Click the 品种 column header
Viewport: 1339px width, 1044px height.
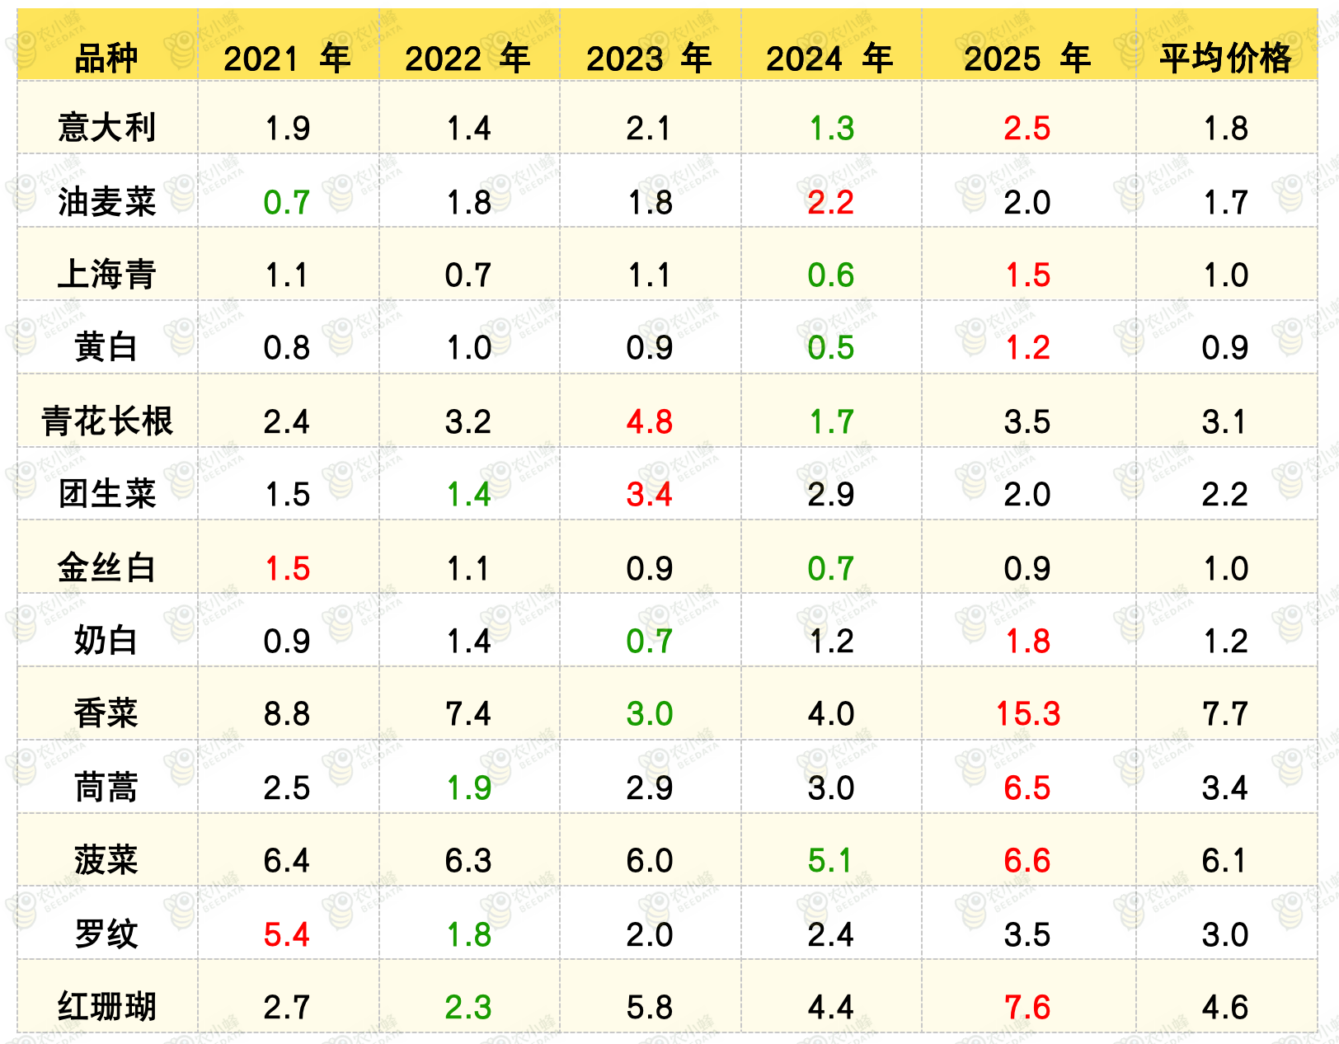pyautogui.click(x=106, y=59)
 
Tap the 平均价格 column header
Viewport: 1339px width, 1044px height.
pyautogui.click(x=1225, y=59)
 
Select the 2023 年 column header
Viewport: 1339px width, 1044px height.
pyautogui.click(x=649, y=59)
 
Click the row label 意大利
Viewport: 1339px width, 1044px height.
pyautogui.click(x=106, y=128)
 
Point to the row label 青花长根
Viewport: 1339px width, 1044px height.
pyautogui.click(x=106, y=421)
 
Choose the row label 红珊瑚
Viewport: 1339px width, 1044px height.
pyautogui.click(x=106, y=1007)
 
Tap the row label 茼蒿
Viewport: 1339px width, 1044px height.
pyautogui.click(x=106, y=787)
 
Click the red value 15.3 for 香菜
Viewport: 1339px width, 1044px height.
pyautogui.click(x=1028, y=713)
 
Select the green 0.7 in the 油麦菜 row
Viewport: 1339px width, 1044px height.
pyautogui.click(x=287, y=202)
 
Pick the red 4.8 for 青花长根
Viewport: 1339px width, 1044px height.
pyautogui.click(x=649, y=421)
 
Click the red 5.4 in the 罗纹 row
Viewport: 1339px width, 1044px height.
pyautogui.click(x=287, y=934)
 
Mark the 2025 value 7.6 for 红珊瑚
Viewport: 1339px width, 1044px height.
pyautogui.click(x=1027, y=1007)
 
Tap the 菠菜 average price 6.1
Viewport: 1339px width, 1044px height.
pyautogui.click(x=1225, y=860)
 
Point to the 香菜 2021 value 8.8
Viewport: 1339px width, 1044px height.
pyautogui.click(x=287, y=713)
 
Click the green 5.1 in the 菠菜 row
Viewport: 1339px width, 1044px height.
pyautogui.click(x=830, y=860)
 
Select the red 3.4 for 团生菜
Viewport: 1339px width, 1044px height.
pyautogui.click(x=649, y=494)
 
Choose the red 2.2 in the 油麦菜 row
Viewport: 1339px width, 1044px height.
pyautogui.click(x=830, y=202)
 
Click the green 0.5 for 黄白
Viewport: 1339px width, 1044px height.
pyautogui.click(x=830, y=348)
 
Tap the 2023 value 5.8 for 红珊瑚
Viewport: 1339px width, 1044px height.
pyautogui.click(x=649, y=1007)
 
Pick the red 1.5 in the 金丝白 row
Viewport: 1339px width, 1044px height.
pyautogui.click(x=287, y=568)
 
